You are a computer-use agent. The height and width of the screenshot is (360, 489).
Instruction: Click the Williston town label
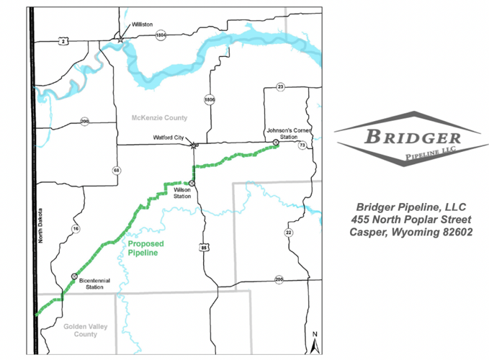click(142, 24)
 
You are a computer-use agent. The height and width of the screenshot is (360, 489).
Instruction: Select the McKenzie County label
click(159, 117)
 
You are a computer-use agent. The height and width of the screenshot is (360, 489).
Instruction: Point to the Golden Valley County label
click(80, 330)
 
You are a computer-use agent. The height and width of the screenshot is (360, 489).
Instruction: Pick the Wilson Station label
click(181, 194)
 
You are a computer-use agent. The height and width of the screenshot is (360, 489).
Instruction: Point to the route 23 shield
click(281, 87)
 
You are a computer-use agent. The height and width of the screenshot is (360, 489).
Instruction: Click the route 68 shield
click(117, 170)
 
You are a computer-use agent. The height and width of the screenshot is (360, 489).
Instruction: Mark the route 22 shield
click(288, 232)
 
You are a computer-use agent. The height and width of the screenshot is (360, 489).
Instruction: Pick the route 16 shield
click(75, 228)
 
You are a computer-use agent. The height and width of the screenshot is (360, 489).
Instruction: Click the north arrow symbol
click(314, 342)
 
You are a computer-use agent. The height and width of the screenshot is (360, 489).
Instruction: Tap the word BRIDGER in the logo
click(411, 138)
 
